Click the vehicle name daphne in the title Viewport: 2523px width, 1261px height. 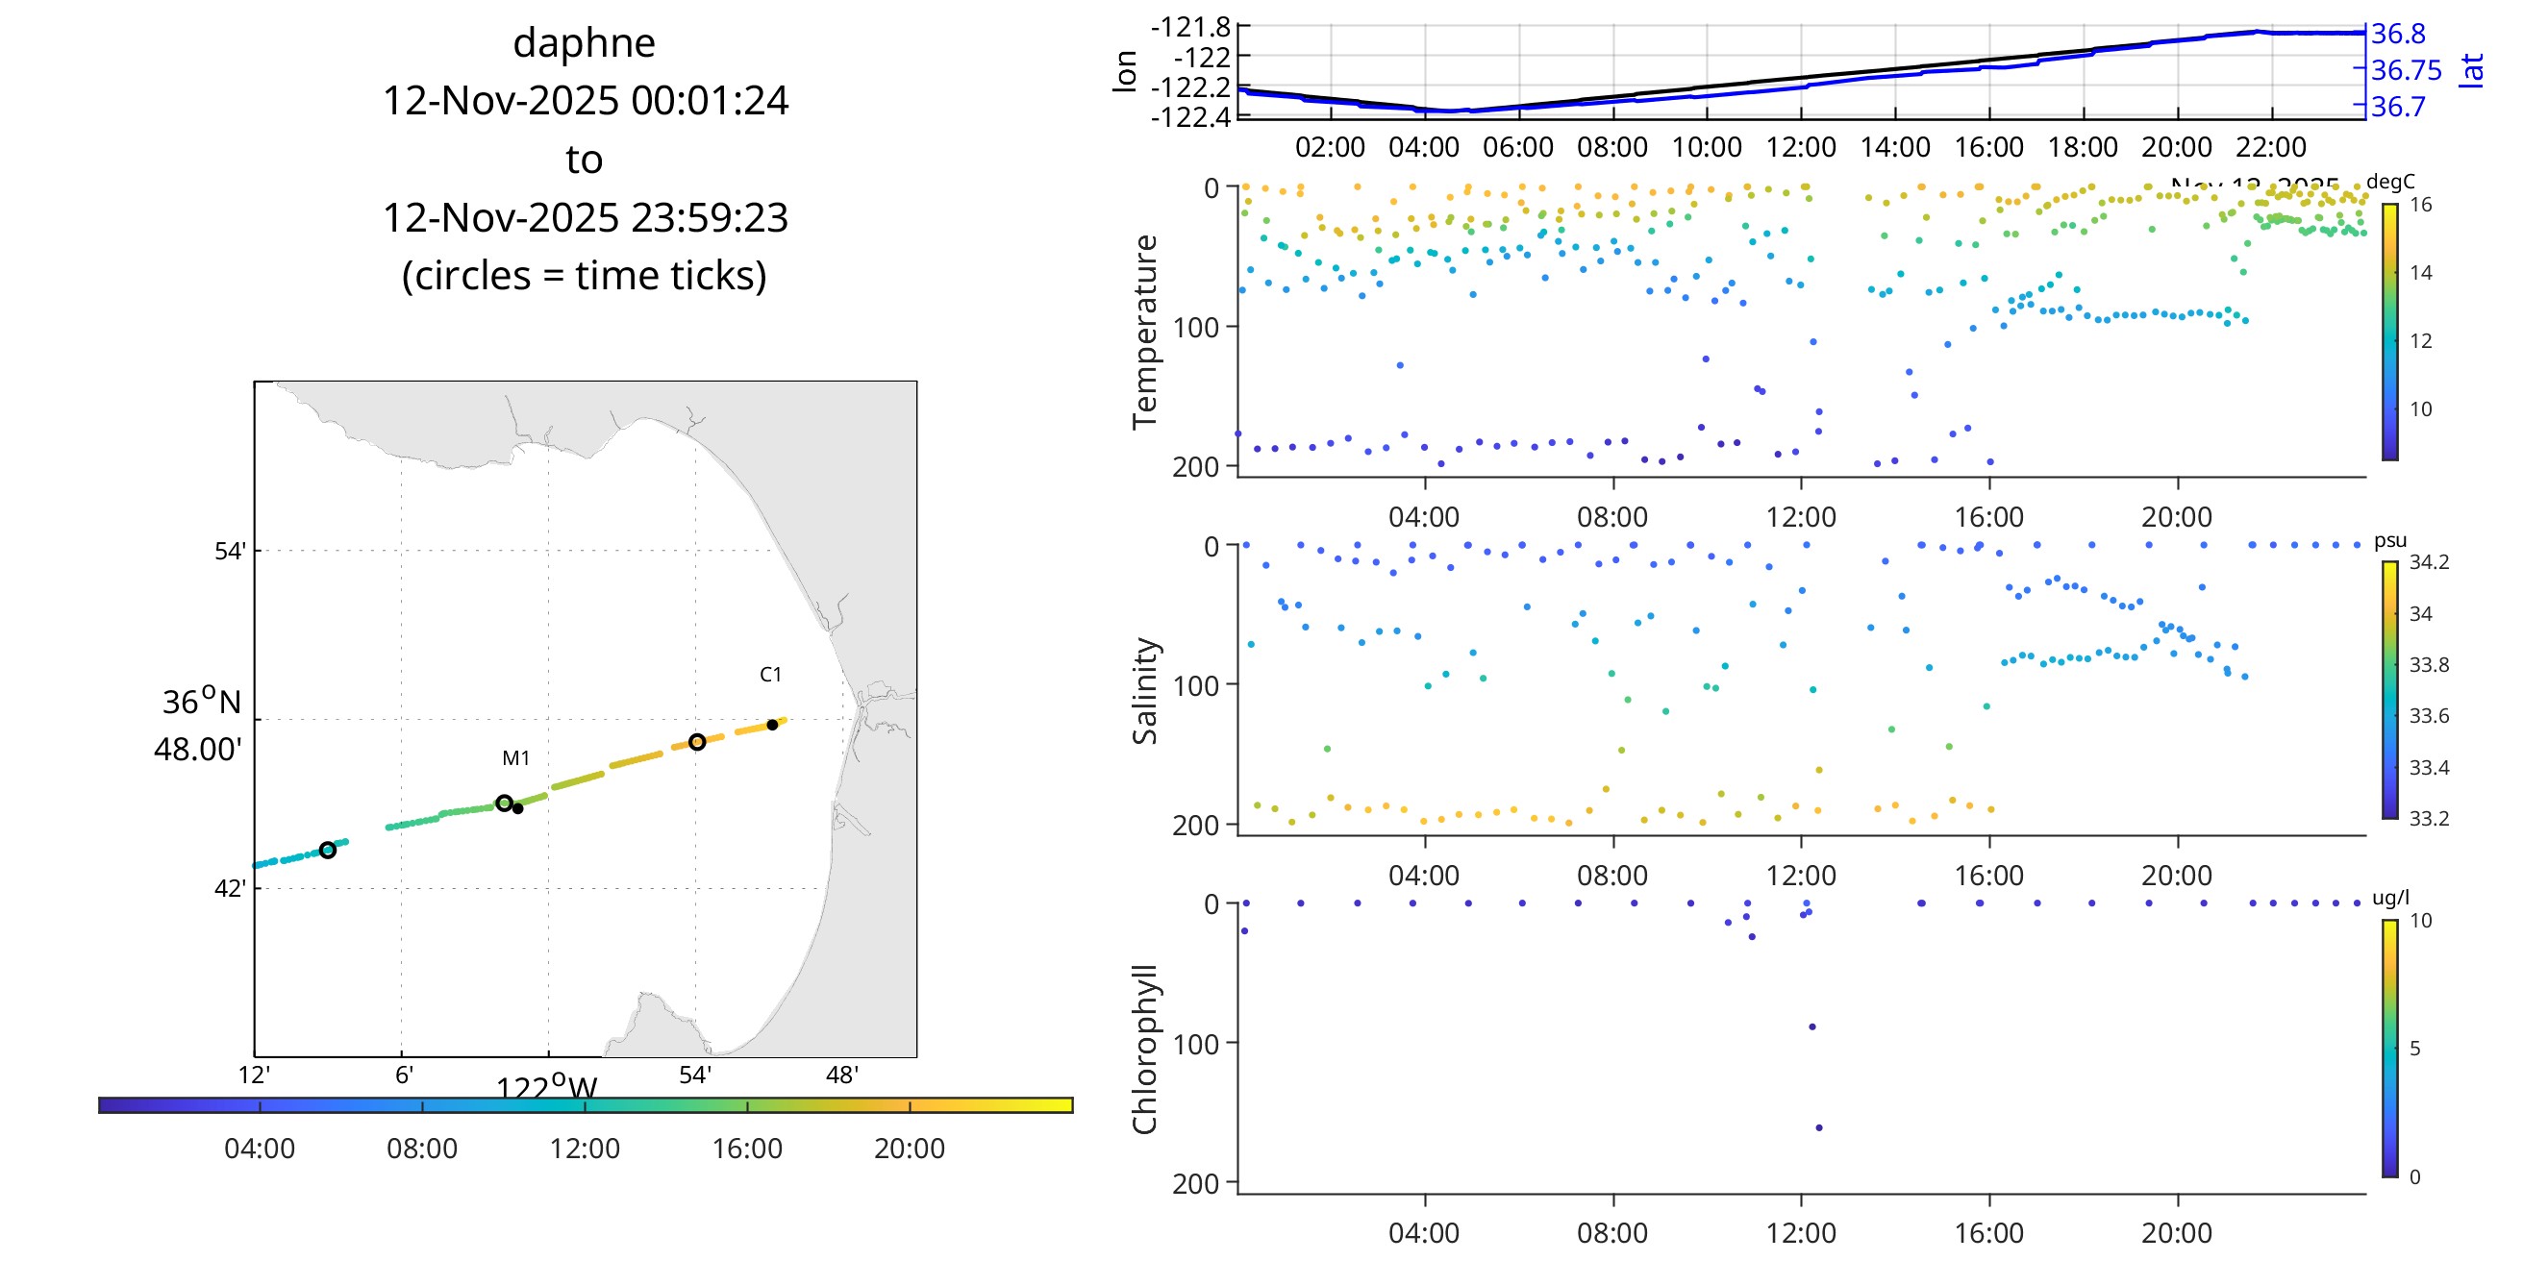[x=584, y=43]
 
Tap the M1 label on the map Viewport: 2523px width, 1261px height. [x=515, y=757]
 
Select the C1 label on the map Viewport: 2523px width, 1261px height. [x=771, y=675]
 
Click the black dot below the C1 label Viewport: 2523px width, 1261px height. [x=772, y=725]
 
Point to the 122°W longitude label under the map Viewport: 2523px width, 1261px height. [x=545, y=1088]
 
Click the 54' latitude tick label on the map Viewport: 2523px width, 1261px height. [x=230, y=551]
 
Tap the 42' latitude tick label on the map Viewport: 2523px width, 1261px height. [x=230, y=889]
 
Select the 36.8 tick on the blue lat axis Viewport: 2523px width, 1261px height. [x=2398, y=35]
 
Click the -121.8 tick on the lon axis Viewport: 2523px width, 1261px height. [x=1190, y=28]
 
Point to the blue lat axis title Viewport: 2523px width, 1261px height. [x=2472, y=70]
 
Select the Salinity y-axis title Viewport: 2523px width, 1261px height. [x=1144, y=690]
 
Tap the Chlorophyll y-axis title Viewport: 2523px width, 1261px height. [x=1144, y=1049]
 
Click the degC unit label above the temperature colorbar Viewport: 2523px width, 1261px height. [x=2389, y=182]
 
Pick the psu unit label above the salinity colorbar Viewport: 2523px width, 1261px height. [x=2389, y=540]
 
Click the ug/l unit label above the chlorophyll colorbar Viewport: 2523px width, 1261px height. [x=2390, y=898]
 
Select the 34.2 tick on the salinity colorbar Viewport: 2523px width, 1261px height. [x=2429, y=562]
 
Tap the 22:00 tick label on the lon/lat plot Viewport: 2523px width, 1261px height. [x=2270, y=148]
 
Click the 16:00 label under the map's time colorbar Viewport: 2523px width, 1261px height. [x=746, y=1149]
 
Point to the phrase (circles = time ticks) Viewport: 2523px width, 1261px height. [x=584, y=276]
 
